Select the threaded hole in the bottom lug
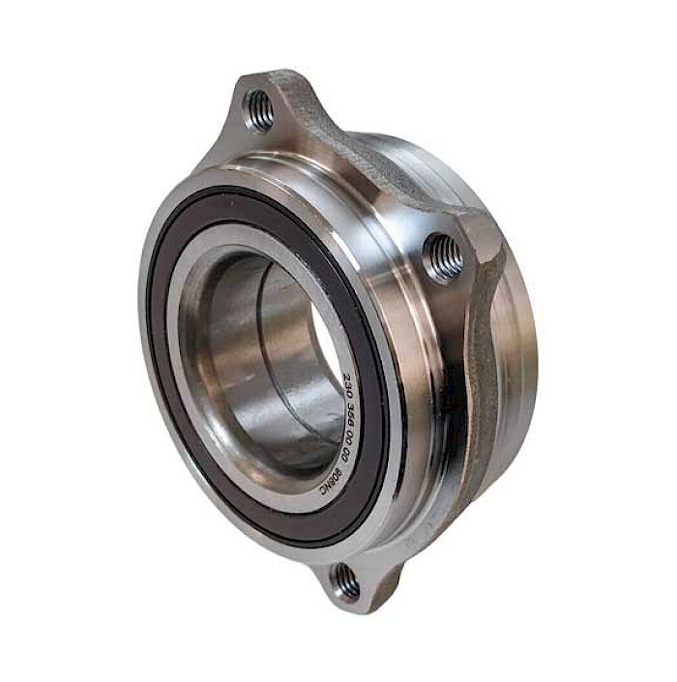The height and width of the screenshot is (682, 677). (343, 582)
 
